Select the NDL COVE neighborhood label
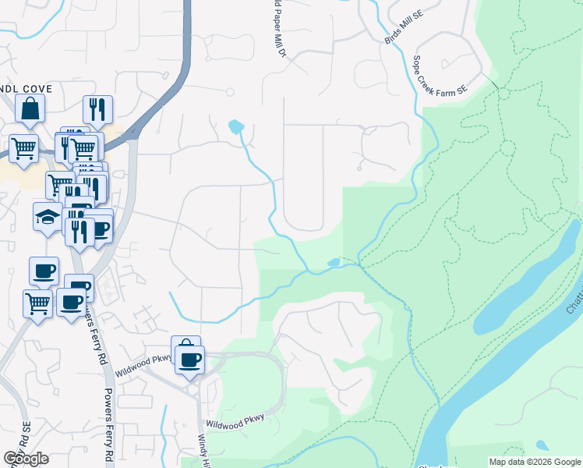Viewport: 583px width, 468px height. pos(26,89)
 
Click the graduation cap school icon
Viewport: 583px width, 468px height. pos(47,215)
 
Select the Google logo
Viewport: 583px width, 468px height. pos(26,458)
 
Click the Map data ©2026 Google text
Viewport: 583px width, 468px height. pos(534,462)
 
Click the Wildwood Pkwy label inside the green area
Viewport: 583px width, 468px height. pos(235,421)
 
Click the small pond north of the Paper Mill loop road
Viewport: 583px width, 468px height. pos(235,126)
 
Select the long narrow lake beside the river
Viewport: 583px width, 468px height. pos(527,284)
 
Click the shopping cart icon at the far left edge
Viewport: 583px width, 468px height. pos(23,147)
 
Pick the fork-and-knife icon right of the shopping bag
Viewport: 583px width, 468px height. pos(97,109)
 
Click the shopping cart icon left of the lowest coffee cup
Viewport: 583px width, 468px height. pos(37,303)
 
